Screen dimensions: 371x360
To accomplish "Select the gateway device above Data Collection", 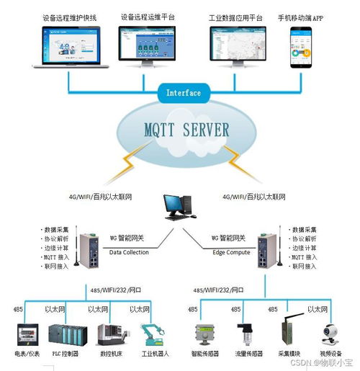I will (x=93, y=249).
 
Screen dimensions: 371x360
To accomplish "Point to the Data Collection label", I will (x=130, y=252).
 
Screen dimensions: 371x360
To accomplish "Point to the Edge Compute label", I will (x=230, y=252).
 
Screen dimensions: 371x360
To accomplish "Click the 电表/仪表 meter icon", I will (x=27, y=335).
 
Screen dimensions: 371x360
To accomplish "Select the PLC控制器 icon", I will (x=66, y=335).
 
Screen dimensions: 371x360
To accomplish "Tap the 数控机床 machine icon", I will (x=112, y=336).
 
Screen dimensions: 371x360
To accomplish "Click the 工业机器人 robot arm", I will (x=150, y=334).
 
